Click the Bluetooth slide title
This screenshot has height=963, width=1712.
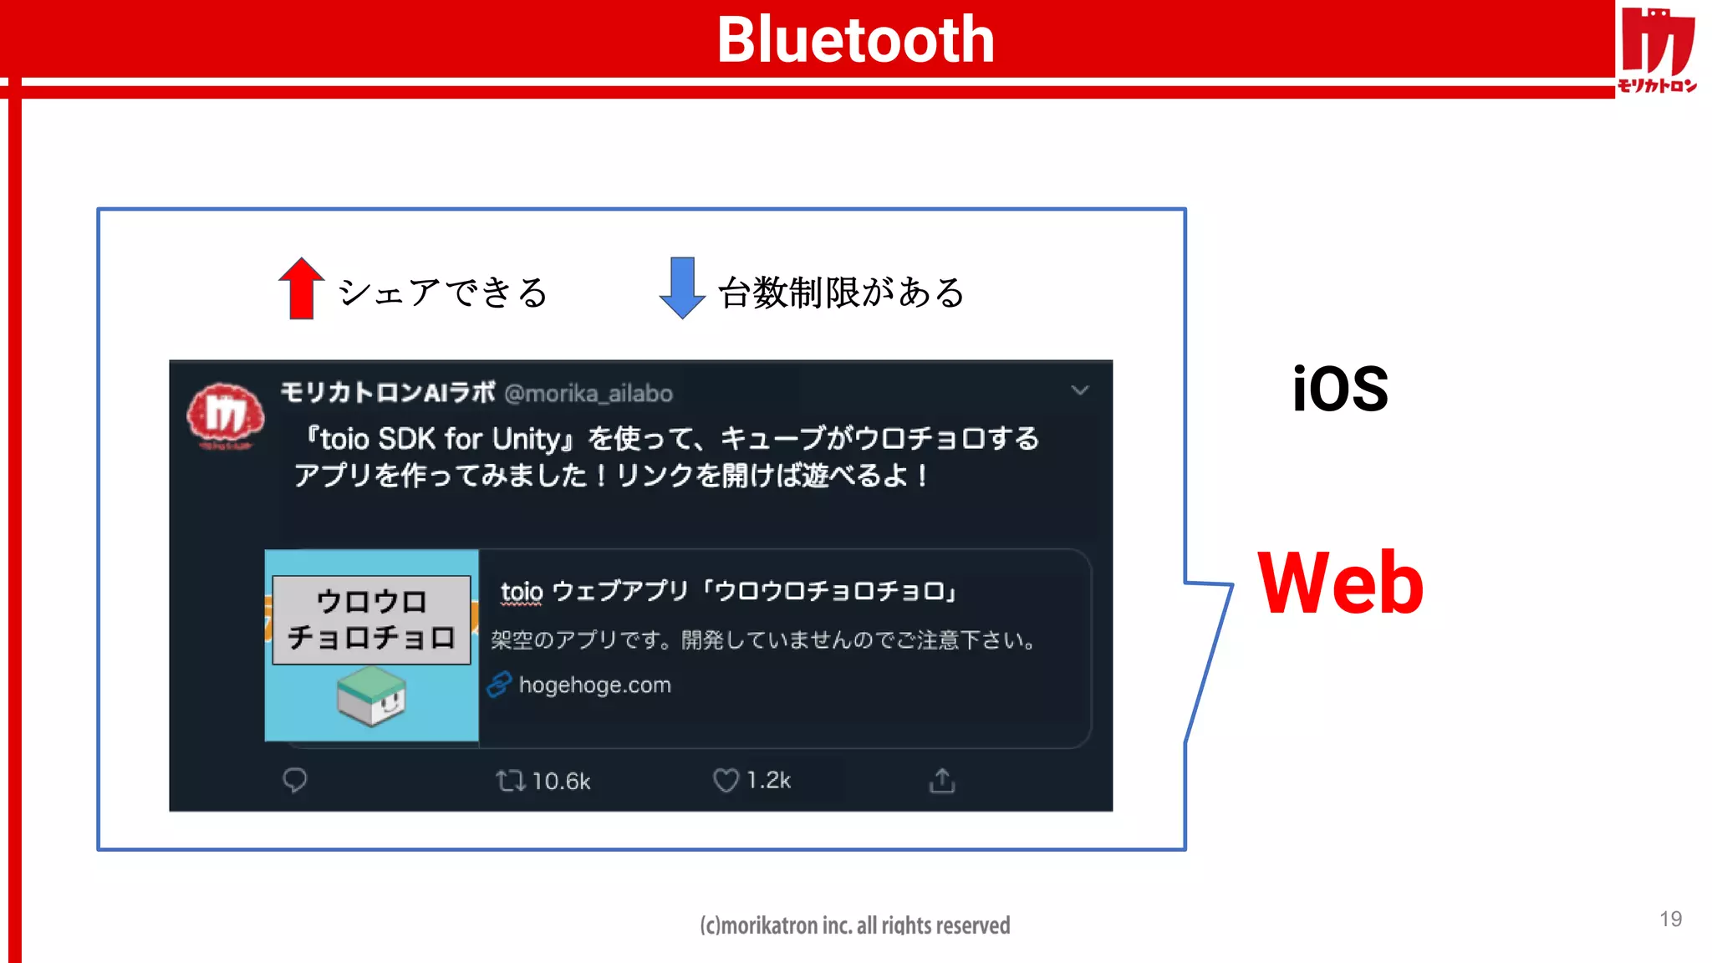[x=855, y=39]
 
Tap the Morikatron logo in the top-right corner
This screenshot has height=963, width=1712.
[x=1657, y=48]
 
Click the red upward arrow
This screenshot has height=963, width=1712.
[x=301, y=288]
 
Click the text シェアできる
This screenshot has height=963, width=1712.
[x=443, y=293]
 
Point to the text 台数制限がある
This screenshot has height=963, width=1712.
[x=841, y=293]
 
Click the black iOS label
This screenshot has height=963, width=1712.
[x=1340, y=390]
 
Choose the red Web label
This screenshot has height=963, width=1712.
[x=1340, y=583]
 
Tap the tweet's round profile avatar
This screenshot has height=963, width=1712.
[x=225, y=415]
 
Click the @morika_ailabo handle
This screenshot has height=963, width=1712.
[x=588, y=394]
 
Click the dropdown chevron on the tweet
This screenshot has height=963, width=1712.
[x=1080, y=390]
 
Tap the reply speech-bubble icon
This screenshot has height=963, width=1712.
[x=294, y=780]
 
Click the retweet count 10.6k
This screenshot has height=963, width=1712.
[x=561, y=782]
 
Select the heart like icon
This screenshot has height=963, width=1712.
[x=725, y=780]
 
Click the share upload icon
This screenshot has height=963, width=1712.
[x=942, y=780]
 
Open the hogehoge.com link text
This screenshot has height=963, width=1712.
[x=594, y=685]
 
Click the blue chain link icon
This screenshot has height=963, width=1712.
[x=499, y=685]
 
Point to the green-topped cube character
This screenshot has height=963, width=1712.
[x=372, y=695]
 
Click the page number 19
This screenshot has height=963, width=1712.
[x=1670, y=920]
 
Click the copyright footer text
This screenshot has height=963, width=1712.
[x=855, y=925]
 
